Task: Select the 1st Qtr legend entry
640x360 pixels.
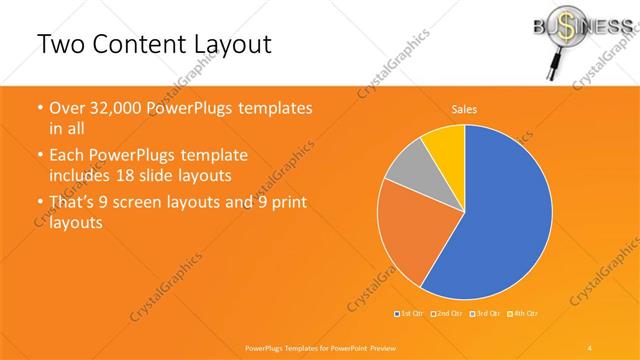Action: point(410,314)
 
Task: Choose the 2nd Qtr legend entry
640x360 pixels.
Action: point(446,314)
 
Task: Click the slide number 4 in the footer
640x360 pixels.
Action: point(590,347)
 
